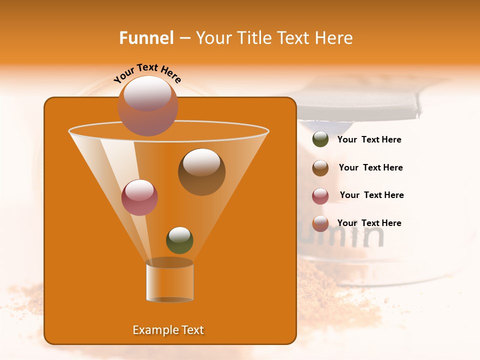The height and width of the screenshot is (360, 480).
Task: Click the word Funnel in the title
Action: [x=146, y=38]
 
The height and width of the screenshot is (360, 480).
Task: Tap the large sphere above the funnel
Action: [x=147, y=105]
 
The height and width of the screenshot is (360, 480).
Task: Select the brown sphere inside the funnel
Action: [x=201, y=171]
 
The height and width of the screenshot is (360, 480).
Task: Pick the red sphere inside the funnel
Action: [x=139, y=197]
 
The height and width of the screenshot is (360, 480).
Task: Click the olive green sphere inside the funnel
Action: [x=179, y=240]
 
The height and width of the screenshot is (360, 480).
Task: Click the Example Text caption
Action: [x=168, y=330]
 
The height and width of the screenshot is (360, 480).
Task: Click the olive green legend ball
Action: [x=320, y=139]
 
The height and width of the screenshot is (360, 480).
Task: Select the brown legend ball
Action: [x=320, y=168]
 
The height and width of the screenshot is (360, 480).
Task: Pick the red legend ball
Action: [x=320, y=196]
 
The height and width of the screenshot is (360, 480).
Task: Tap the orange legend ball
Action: [x=320, y=223]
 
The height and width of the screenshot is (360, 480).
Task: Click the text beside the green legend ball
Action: [x=369, y=140]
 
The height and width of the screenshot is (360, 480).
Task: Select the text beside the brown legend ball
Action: [x=370, y=168]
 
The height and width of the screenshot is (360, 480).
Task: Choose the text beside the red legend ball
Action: [x=371, y=195]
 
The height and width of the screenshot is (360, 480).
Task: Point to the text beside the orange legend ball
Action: [x=369, y=223]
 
